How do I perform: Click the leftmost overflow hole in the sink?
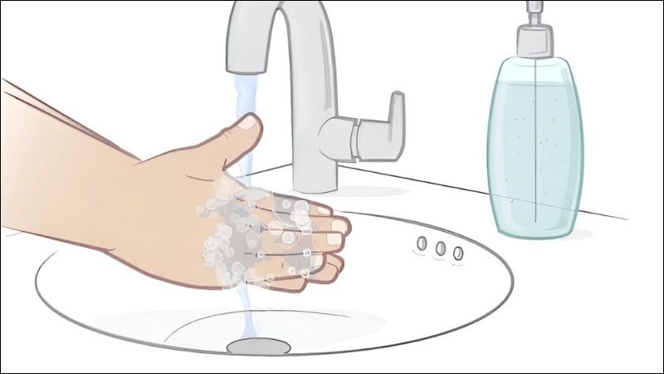pyautogui.click(x=421, y=242)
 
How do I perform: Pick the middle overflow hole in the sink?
pyautogui.click(x=440, y=247)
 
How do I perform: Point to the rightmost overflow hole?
pyautogui.click(x=457, y=251)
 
